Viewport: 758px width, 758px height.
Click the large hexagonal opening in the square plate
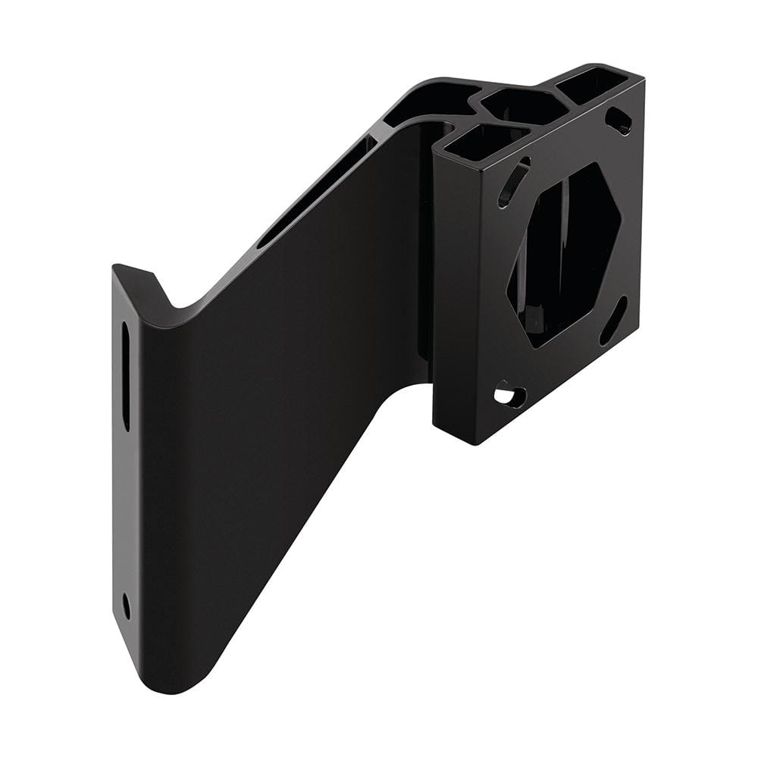[565, 254]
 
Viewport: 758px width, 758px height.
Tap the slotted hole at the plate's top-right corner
[620, 120]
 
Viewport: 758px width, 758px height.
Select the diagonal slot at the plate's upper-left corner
[513, 183]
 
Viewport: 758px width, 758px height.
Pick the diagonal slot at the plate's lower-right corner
[613, 320]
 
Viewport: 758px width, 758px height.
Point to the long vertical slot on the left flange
[126, 376]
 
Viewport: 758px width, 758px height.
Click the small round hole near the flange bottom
[126, 605]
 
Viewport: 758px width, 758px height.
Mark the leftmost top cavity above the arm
[424, 99]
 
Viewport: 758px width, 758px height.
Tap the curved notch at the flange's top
[176, 307]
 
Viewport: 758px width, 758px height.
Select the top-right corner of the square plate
[644, 80]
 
